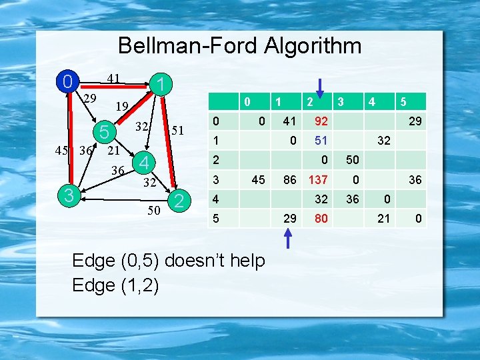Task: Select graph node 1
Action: [x=161, y=85]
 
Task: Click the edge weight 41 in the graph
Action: [x=113, y=79]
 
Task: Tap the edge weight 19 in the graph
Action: [x=121, y=105]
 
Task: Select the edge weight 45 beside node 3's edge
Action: [x=62, y=151]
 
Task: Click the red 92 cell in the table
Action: [x=321, y=122]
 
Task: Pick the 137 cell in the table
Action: [x=318, y=179]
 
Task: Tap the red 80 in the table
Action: [x=321, y=218]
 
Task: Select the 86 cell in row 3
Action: [x=289, y=179]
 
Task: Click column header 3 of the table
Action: [x=340, y=102]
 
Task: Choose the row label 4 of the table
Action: [x=215, y=199]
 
